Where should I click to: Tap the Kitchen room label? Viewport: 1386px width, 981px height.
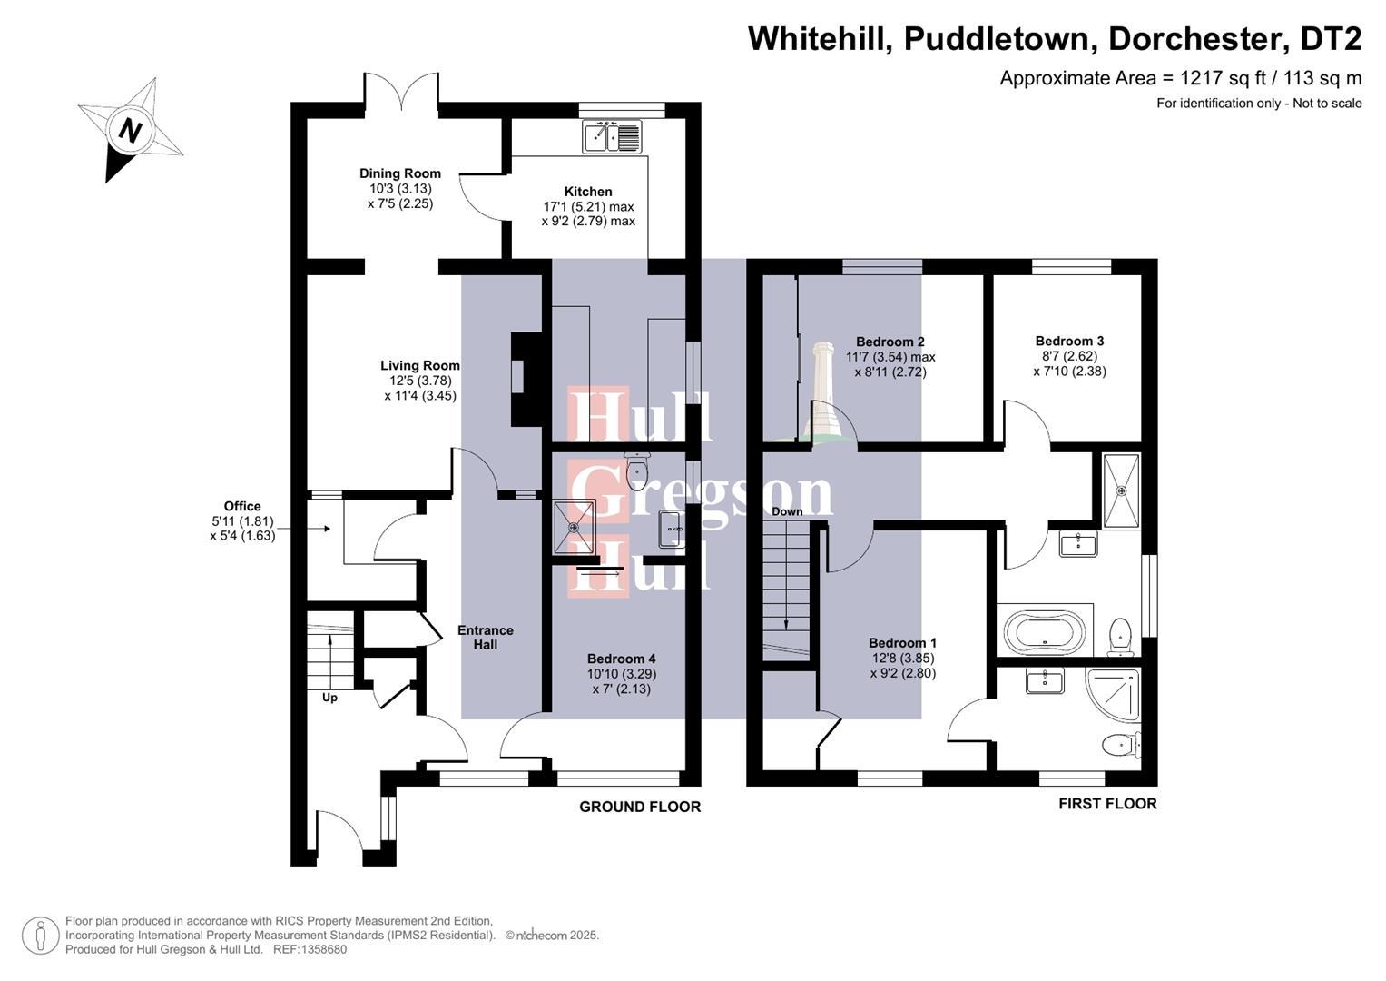(588, 192)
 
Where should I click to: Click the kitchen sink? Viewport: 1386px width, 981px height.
(612, 137)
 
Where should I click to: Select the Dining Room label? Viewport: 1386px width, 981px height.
(400, 173)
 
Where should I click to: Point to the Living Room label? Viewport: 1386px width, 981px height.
(420, 366)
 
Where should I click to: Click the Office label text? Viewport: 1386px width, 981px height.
(242, 507)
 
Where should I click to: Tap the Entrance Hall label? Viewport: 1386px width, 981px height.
(485, 637)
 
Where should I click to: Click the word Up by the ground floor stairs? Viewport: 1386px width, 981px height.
(329, 698)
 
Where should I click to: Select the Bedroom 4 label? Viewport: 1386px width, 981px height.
(621, 659)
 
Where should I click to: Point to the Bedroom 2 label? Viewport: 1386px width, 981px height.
(890, 342)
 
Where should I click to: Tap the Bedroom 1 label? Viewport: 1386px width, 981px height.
(902, 642)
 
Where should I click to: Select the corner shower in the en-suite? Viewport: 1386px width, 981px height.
(1113, 695)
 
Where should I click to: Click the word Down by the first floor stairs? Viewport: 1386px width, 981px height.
(787, 511)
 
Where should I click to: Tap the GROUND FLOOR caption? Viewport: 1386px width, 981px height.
(640, 807)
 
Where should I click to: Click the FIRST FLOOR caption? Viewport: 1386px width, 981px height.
(1107, 804)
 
